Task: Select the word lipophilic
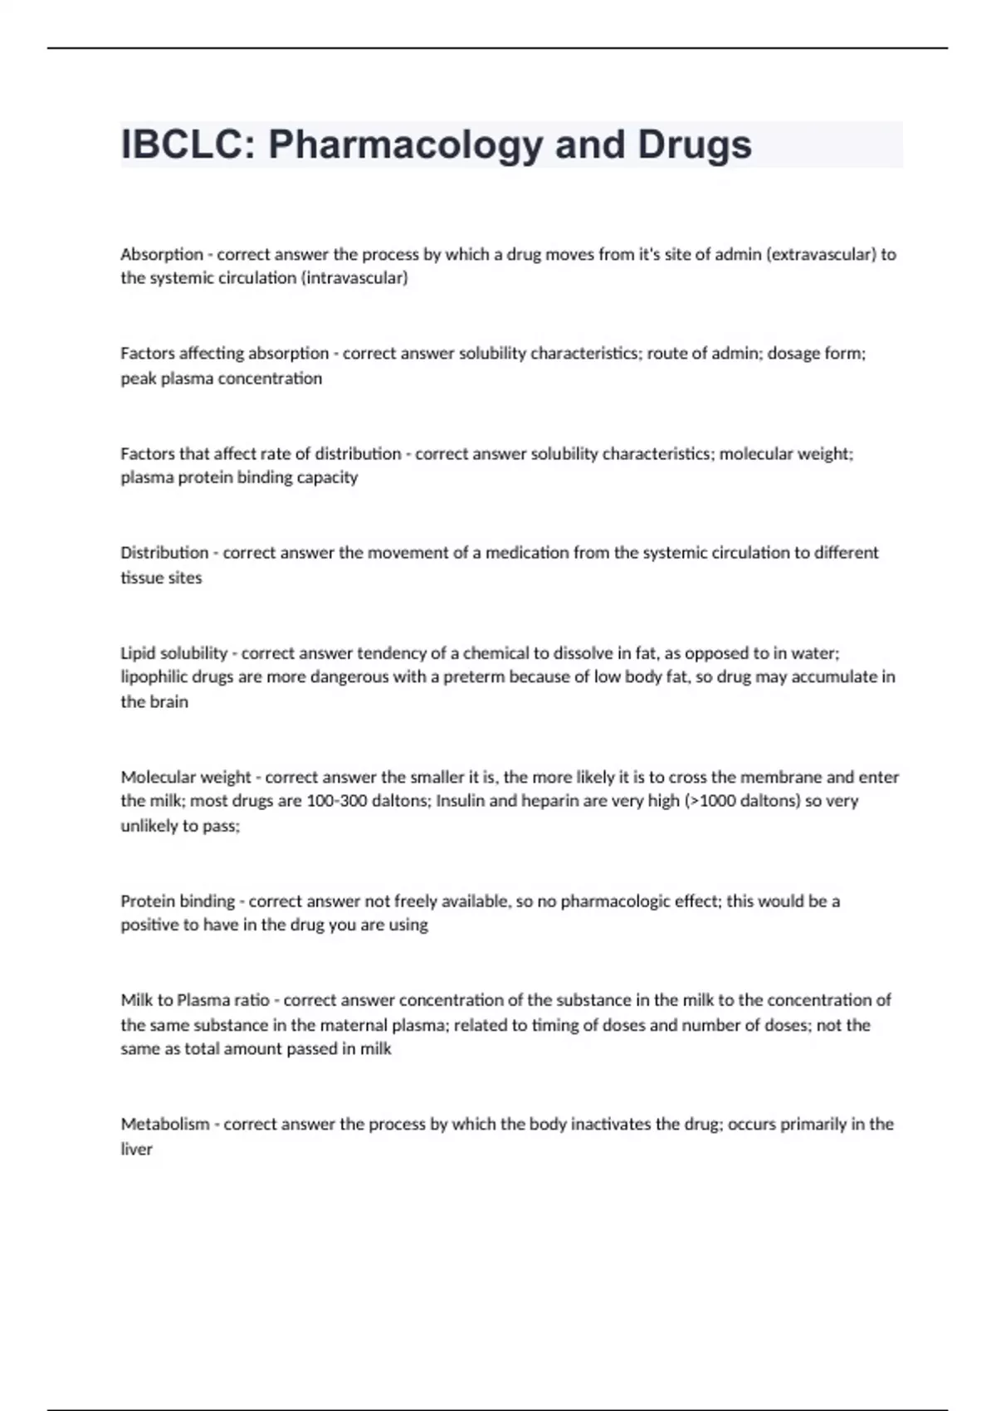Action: pos(154,676)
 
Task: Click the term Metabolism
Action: pos(165,1125)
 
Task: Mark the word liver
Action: pos(137,1150)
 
